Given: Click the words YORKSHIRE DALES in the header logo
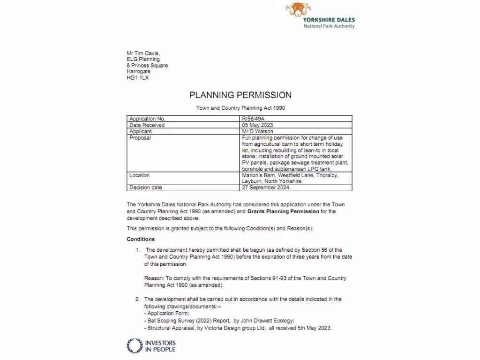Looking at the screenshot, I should point(329,20).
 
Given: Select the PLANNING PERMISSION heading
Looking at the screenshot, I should point(240,95).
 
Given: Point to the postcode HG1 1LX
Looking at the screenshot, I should point(138,78).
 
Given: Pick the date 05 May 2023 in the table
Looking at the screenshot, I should point(257,125).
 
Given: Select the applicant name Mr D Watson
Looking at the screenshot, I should point(257,132).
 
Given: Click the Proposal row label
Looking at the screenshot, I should point(140,138).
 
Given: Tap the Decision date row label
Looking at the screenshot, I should point(146,187).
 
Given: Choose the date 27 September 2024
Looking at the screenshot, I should point(265,187).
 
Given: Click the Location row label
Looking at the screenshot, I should point(140,175).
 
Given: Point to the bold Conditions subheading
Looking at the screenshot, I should point(141,239).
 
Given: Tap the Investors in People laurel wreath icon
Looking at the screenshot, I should point(135,346).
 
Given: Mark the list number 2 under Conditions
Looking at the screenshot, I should point(137,299).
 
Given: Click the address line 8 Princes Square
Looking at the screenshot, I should point(147,66).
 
